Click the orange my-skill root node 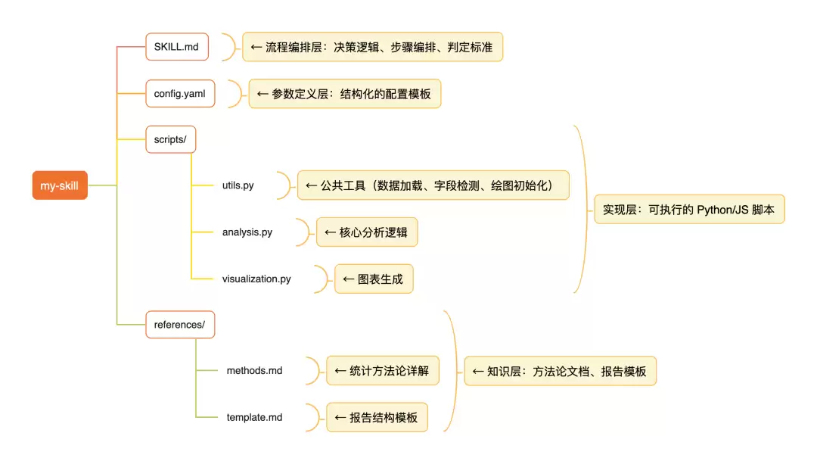click(60, 185)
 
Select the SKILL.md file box click(177, 47)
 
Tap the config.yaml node click(180, 93)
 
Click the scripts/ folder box click(171, 139)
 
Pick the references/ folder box click(180, 324)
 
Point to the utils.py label click(238, 185)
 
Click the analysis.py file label click(247, 232)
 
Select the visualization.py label click(256, 279)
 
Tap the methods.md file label click(254, 371)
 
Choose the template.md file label click(254, 417)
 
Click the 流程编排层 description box click(372, 47)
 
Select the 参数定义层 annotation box click(345, 94)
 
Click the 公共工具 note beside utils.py click(433, 185)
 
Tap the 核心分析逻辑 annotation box click(367, 232)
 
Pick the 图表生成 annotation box click(374, 279)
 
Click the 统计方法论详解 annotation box click(383, 371)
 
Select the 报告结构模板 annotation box click(377, 417)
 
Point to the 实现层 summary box click(689, 210)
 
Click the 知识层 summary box click(560, 371)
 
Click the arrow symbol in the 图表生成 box click(348, 279)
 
